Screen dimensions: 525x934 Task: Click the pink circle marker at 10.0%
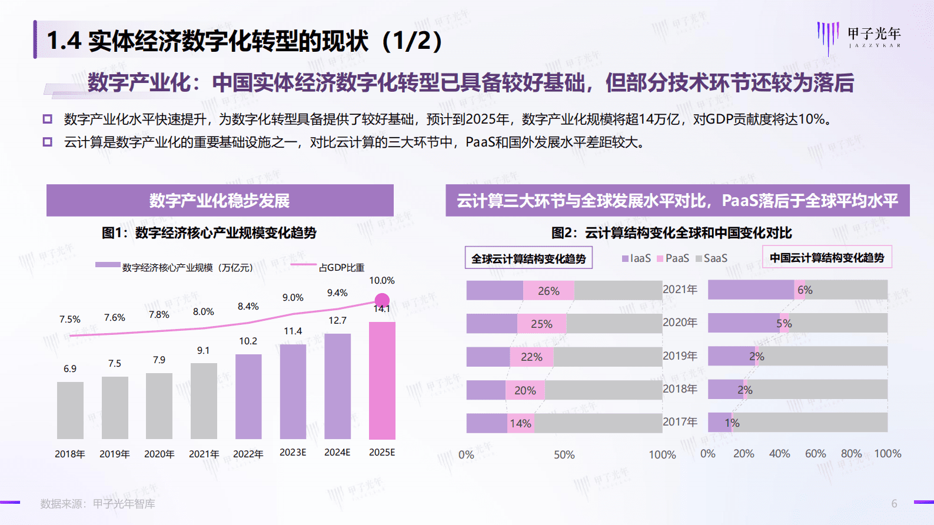(x=382, y=300)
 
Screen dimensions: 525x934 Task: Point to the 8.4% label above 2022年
(x=248, y=307)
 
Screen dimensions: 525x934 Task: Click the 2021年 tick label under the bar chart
(x=204, y=454)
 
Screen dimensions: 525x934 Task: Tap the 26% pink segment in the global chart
(x=549, y=291)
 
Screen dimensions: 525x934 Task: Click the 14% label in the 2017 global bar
(x=520, y=423)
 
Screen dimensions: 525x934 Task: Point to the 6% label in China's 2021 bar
(x=805, y=290)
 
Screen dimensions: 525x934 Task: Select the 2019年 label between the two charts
(x=680, y=356)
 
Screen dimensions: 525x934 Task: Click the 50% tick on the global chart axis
(x=564, y=455)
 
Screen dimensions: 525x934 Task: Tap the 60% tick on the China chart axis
(x=815, y=454)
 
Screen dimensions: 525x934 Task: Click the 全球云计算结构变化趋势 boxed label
(x=529, y=258)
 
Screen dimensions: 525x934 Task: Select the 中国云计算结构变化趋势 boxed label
(x=827, y=258)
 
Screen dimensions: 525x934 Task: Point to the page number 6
(x=894, y=504)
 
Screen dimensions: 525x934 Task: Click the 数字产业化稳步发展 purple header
(x=220, y=201)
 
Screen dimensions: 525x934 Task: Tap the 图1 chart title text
(x=209, y=233)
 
